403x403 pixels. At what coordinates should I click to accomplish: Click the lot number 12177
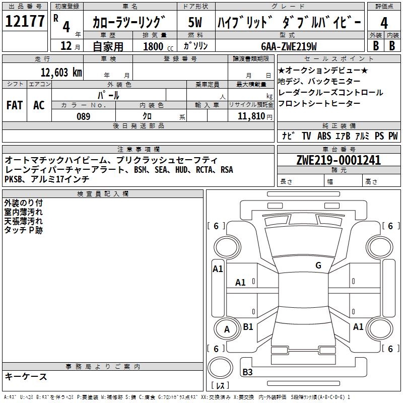pos(25,22)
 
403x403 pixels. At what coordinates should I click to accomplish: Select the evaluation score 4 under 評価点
pos(384,23)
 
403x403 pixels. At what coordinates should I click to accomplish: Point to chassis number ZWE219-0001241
pos(339,161)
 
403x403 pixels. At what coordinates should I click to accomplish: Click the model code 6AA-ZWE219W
pos(289,46)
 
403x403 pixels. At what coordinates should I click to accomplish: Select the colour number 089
pos(83,116)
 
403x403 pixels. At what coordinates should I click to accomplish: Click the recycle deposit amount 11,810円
pos(250,116)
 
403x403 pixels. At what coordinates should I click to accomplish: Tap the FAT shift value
pos(15,105)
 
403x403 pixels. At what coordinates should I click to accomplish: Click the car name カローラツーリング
pos(129,23)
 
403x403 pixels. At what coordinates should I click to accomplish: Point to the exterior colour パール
pos(108,95)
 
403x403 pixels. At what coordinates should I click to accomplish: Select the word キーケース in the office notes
pos(26,377)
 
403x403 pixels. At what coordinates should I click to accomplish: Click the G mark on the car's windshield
pos(318,265)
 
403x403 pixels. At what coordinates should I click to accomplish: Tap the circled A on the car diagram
pos(227,329)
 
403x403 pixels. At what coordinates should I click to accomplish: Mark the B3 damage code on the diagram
pos(247,372)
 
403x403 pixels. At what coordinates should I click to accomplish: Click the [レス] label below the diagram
pos(220,386)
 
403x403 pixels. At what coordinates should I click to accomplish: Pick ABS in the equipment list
pos(324,136)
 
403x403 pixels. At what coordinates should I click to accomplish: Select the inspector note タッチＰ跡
pos(24,230)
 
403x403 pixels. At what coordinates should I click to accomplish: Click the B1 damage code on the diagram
pos(248,327)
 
